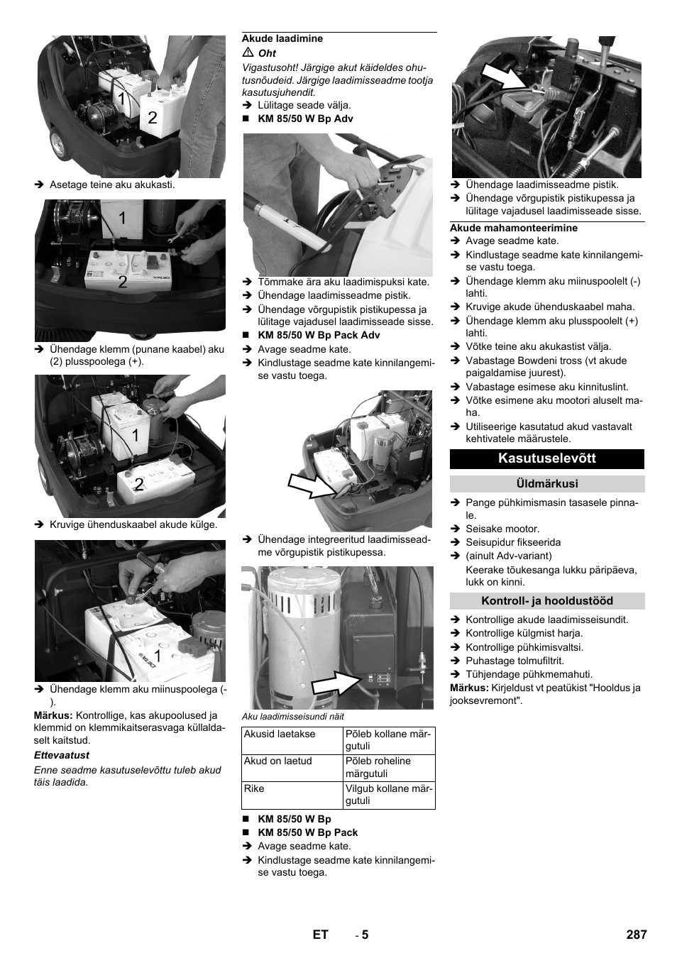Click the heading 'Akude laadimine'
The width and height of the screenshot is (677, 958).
(282, 39)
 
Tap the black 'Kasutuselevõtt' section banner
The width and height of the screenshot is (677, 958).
(547, 458)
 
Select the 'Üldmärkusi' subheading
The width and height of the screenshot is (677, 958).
(547, 484)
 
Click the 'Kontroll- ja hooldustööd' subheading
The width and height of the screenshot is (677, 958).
(547, 601)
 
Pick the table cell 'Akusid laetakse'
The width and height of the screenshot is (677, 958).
(280, 734)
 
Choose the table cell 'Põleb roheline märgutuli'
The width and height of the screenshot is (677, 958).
(378, 767)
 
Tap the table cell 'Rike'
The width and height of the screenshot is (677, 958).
(254, 788)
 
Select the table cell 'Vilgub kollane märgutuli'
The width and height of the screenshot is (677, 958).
(387, 795)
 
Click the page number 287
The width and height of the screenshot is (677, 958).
(637, 935)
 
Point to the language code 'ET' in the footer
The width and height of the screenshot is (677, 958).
(320, 935)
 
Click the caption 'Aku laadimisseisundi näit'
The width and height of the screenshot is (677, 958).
(293, 716)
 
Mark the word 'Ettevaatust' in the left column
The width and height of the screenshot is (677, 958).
(62, 756)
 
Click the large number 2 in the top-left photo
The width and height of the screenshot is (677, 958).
(153, 118)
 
